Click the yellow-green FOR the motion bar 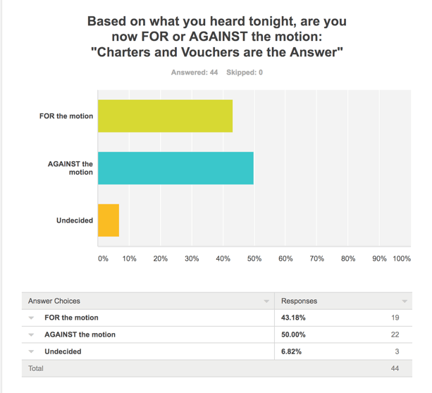tap(165, 116)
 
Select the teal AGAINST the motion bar tap(175, 168)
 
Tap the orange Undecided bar tap(109, 220)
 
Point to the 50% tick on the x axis tap(254, 258)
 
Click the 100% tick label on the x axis tap(402, 258)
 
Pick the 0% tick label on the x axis tap(103, 258)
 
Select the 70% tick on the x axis tap(317, 258)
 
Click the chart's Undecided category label tap(75, 220)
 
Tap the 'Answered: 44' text tap(194, 73)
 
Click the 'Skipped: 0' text tap(245, 73)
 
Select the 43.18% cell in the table tap(294, 318)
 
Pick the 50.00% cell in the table tap(294, 335)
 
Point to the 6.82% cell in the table tap(292, 351)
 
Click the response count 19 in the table tap(395, 318)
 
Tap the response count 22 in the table tap(395, 335)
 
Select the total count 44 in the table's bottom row tap(395, 368)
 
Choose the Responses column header tap(300, 301)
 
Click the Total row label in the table tap(35, 368)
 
